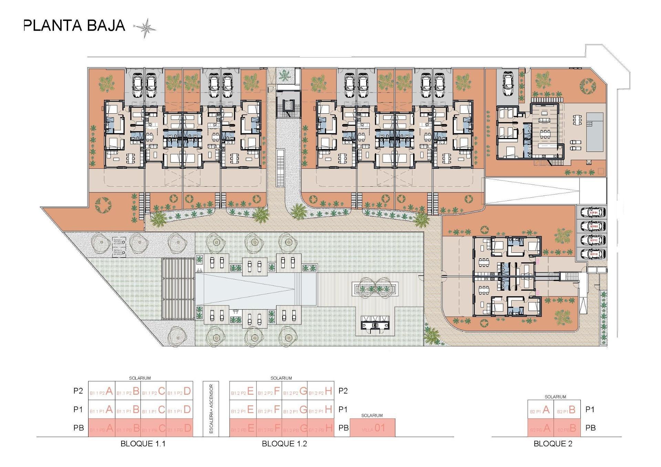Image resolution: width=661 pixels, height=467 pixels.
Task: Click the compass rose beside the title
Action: pos(146,28)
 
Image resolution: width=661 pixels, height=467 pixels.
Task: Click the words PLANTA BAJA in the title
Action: pos(74,26)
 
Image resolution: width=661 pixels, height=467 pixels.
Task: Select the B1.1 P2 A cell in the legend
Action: pos(102,391)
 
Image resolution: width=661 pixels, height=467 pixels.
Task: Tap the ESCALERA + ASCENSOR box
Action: pos(211,409)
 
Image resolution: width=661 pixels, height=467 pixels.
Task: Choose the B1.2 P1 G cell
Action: pos(294,410)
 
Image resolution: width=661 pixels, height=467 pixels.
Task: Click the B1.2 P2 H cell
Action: pos(321,391)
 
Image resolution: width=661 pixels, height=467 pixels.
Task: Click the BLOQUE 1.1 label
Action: pos(143,444)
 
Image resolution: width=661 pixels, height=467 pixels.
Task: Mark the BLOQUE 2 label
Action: pos(553,444)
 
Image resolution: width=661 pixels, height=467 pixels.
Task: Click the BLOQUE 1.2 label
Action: pos(284,444)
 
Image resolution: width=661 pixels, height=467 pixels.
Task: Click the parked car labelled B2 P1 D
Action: pos(593,254)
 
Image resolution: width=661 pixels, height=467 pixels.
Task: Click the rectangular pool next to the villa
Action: pos(595,132)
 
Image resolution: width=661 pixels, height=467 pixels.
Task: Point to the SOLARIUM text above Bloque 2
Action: pos(555,397)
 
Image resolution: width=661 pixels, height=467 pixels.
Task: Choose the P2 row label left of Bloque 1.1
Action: pos(78,391)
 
